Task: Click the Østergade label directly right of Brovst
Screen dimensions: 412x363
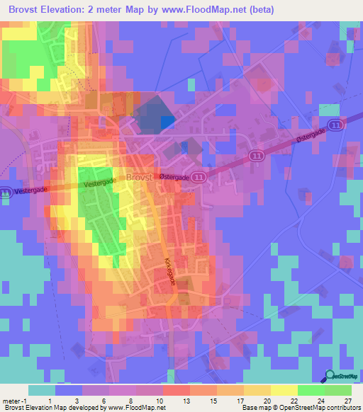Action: (x=174, y=179)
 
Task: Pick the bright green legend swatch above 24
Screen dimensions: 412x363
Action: (x=311, y=390)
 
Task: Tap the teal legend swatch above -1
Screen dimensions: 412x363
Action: (x=42, y=390)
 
